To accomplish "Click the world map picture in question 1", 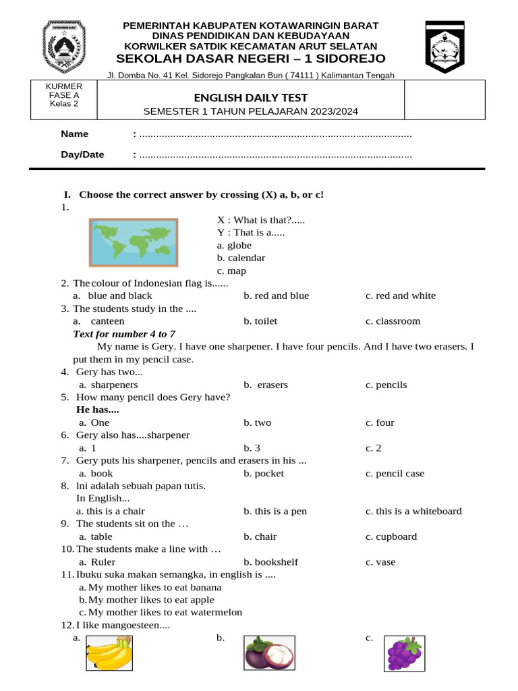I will tap(134, 242).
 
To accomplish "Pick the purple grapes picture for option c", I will tap(404, 654).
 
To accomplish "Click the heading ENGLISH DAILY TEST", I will tap(251, 98).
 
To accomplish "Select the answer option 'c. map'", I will tap(231, 271).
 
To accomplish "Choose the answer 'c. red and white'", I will tap(401, 296).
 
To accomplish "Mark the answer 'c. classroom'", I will tap(393, 321).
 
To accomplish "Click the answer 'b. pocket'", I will tap(264, 473).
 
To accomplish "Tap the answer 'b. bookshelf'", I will tap(270, 561).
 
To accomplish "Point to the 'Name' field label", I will tap(74, 134).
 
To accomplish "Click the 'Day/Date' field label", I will tap(82, 155).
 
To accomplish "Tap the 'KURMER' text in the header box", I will tap(63, 86).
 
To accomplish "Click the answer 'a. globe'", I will tap(234, 246).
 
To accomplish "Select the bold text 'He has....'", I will tap(98, 410).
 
